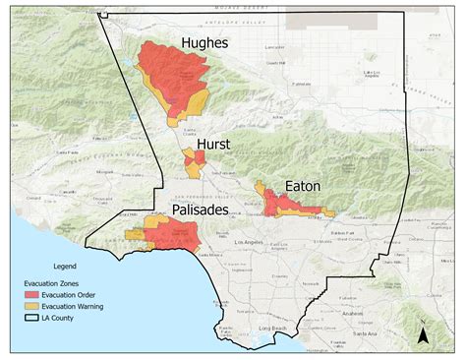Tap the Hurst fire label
[x=213, y=144]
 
